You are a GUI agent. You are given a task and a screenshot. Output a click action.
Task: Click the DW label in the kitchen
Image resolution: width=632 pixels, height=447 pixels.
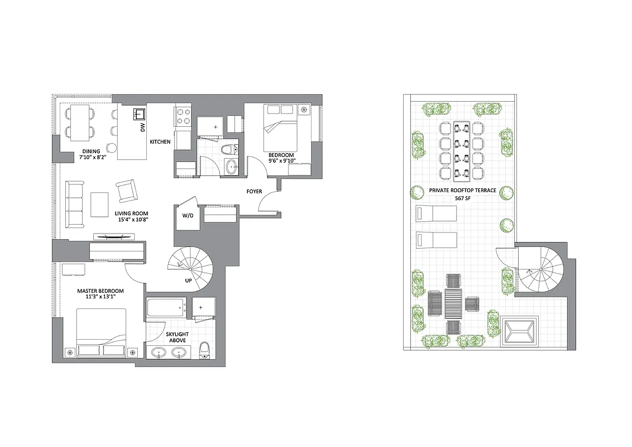(x=143, y=128)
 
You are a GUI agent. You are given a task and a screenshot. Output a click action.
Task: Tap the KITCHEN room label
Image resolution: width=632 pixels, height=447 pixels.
(x=160, y=142)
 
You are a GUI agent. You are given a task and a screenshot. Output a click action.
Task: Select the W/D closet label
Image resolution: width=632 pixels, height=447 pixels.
(x=188, y=216)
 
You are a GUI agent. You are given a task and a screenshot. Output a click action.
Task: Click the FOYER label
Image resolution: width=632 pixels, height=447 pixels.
(x=254, y=192)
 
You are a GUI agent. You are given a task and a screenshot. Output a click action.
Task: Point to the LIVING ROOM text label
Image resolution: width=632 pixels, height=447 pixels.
(x=132, y=213)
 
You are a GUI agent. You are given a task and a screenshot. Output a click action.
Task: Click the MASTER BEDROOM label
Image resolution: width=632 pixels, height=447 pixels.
(x=100, y=291)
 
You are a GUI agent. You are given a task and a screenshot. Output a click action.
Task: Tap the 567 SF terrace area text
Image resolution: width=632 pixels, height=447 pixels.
(x=462, y=198)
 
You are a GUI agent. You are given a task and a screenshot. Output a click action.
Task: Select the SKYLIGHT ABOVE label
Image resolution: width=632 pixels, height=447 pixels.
(x=177, y=337)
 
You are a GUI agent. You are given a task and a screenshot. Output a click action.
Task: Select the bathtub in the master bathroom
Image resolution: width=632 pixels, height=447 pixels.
(x=166, y=306)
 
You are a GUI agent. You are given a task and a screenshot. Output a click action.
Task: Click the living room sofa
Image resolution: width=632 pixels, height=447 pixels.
(x=74, y=204)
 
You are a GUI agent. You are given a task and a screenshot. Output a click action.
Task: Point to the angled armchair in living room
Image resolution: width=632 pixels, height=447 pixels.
(x=127, y=191)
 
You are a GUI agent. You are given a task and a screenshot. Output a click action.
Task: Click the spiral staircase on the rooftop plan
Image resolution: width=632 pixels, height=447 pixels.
(x=539, y=270)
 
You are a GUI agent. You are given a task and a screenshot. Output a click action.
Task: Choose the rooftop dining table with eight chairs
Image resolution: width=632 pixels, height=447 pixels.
(x=462, y=151)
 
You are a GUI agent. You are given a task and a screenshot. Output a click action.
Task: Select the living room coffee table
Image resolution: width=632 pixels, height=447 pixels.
(x=100, y=205)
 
